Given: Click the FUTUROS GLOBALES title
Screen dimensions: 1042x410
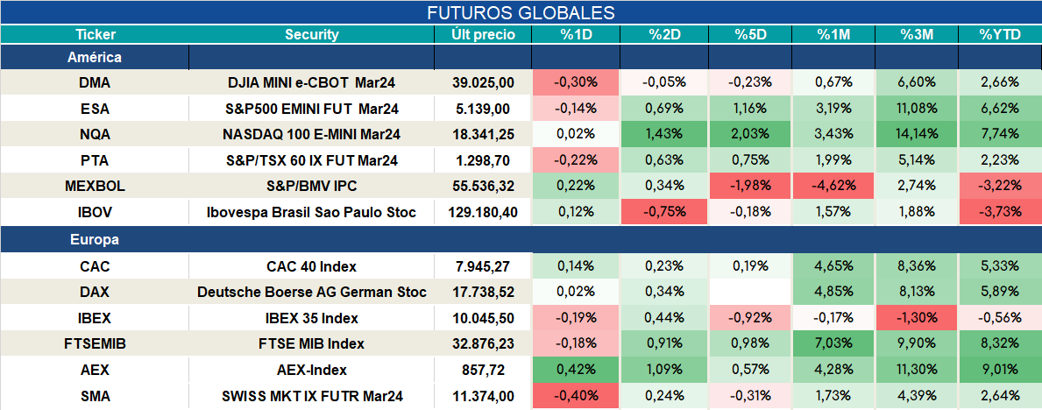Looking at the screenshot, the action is pos(521,12).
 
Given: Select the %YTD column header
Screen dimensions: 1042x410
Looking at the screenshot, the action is pos(999,35).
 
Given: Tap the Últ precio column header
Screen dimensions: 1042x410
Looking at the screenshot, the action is pos(483,35).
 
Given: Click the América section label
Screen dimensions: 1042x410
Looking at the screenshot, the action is pos(95,57).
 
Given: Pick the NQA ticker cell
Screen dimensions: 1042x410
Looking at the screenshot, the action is pos(95,134).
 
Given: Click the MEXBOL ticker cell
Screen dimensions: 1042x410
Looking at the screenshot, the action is pos(95,187).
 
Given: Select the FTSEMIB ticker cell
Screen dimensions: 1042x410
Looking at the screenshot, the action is pos(95,343).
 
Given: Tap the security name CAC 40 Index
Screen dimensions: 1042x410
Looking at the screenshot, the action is pos(312,266).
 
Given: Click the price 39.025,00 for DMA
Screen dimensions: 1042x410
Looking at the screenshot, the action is pos(483,82).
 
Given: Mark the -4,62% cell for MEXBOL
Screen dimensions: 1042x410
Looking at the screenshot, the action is pos(833,187).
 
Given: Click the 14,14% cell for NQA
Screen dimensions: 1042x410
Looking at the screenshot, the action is pos(917,134).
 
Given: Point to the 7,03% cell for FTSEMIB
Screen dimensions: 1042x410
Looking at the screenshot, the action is pos(833,343).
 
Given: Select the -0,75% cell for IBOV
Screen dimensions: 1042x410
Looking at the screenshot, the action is pos(663,213).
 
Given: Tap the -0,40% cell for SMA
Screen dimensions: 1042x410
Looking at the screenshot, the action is pos(576,396).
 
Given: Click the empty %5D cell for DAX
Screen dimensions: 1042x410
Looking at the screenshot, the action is pos(750,292).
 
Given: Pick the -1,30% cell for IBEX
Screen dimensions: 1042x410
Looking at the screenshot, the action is pos(917,318).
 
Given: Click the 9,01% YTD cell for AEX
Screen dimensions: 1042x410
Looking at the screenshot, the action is pos(999,370).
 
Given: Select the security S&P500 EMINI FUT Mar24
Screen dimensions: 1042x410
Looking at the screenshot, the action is pos(312,109).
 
